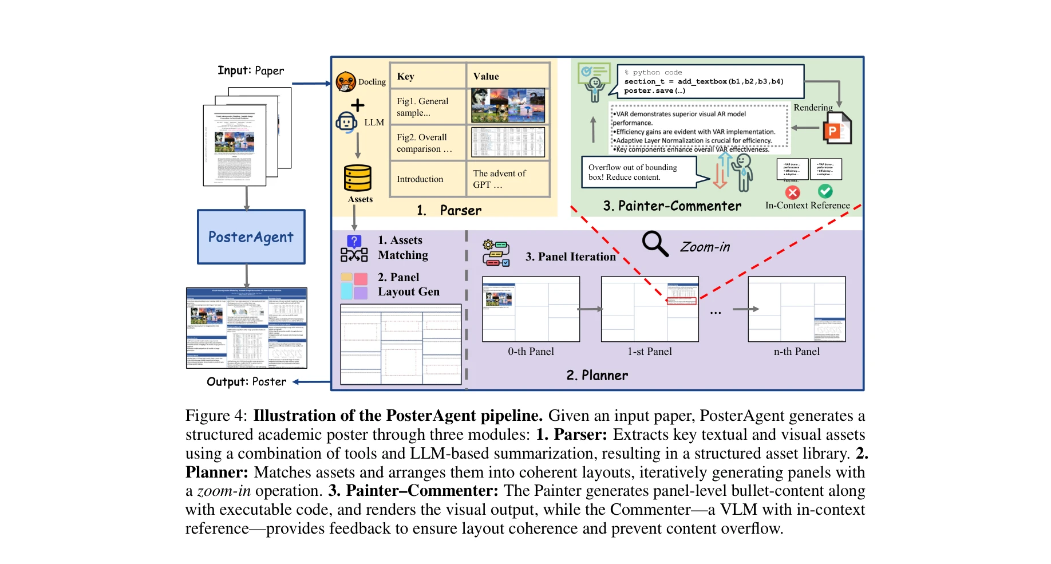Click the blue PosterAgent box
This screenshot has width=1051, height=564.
[251, 236]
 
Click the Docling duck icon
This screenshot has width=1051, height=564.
[346, 82]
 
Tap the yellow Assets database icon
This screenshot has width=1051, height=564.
[358, 178]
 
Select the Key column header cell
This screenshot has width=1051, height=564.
[427, 76]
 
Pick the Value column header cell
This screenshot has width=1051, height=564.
[508, 76]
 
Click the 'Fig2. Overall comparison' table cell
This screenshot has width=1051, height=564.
[427, 143]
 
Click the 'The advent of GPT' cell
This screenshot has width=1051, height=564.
[508, 179]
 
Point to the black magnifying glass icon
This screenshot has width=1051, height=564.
[655, 244]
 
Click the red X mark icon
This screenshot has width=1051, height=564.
[793, 192]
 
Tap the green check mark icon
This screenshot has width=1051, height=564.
[825, 191]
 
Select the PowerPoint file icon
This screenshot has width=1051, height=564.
[836, 129]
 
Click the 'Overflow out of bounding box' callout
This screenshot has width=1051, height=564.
[639, 172]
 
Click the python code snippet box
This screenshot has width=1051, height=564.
[710, 81]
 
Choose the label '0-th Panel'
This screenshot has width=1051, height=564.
[531, 352]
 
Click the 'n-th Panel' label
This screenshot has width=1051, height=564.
[796, 352]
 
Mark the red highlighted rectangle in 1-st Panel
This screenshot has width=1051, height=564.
[682, 301]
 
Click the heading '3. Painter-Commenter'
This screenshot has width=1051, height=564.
[671, 206]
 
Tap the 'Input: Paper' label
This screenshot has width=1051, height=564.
[251, 70]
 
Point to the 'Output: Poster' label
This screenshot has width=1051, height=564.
[246, 382]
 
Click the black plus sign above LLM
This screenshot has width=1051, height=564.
[357, 105]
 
